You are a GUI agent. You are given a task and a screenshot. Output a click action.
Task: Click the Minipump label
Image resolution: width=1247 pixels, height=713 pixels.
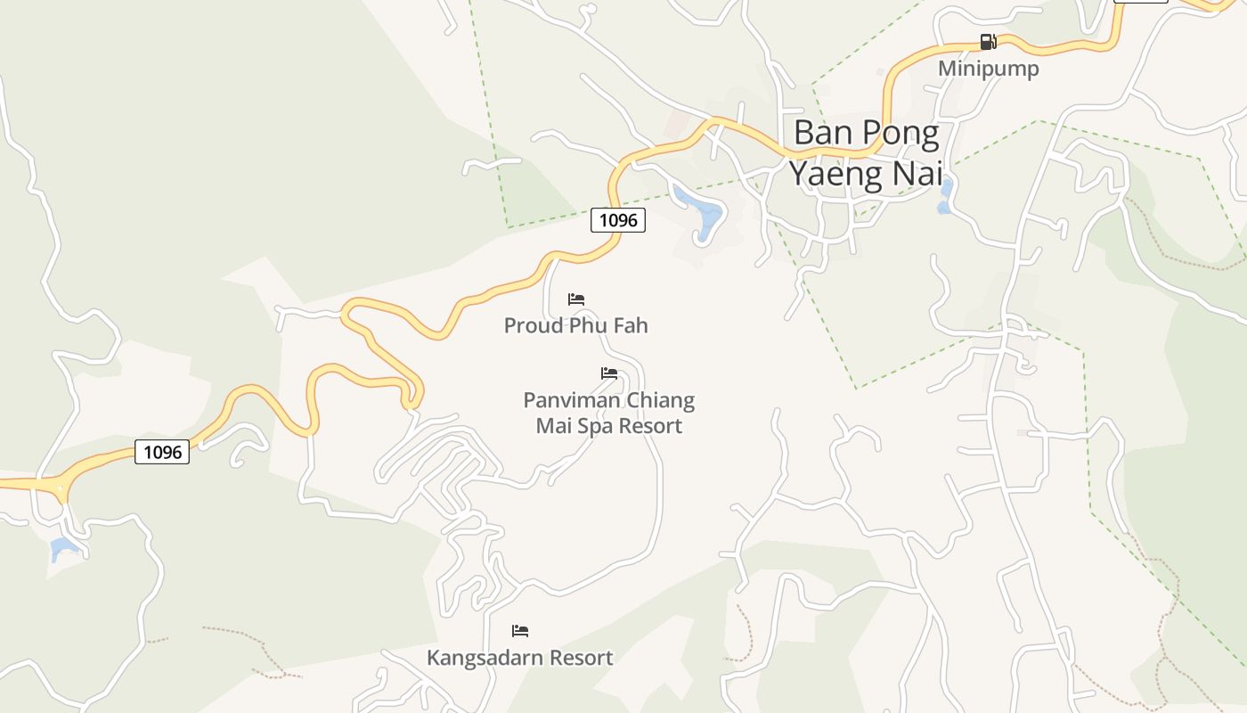coord(988,69)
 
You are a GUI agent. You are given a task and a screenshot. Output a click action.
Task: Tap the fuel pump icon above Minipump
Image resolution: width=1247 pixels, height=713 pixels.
coord(988,42)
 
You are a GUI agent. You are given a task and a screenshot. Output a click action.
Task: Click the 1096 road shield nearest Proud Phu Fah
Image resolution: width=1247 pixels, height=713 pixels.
coord(617,220)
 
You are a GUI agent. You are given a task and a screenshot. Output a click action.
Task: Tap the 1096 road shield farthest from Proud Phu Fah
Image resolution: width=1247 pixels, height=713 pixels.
coord(162,452)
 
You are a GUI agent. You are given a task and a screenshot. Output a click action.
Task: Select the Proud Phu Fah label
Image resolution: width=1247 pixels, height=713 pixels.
coord(575,325)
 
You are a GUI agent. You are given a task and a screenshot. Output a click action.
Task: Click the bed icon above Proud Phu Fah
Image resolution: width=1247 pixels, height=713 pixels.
coord(576,299)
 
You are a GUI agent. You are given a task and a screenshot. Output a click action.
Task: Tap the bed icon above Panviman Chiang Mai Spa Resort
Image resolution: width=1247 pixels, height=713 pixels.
coord(609,373)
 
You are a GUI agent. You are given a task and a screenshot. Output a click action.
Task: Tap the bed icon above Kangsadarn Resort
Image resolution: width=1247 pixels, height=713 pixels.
coord(520,631)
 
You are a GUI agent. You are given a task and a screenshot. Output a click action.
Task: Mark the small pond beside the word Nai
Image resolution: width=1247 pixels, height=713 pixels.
coord(945,197)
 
